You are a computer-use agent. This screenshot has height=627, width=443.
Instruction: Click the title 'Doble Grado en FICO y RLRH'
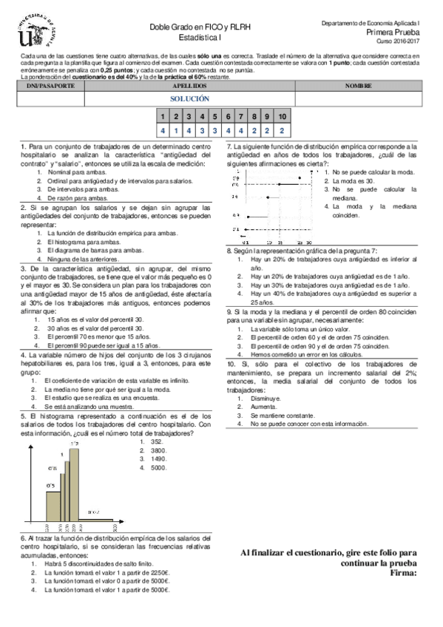point(189,26)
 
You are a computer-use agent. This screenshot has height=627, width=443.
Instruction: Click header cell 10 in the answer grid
point(282,117)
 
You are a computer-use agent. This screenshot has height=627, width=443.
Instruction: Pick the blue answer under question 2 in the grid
point(176,130)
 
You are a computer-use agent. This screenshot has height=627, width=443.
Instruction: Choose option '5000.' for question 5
point(158,468)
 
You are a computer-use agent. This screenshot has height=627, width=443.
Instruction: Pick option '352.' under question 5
point(156,441)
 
